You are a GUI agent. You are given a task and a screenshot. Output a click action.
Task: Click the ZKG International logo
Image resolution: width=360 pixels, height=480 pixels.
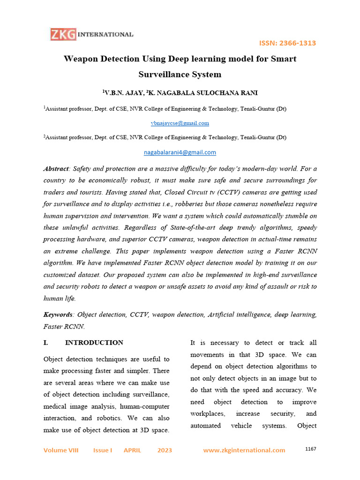92,34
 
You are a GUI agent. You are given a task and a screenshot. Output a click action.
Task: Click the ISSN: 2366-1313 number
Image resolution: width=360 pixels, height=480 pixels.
287,43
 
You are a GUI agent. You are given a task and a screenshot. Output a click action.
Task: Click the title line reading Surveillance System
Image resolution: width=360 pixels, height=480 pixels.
180,75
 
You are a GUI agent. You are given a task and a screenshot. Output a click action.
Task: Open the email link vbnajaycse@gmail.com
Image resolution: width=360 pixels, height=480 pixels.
180,123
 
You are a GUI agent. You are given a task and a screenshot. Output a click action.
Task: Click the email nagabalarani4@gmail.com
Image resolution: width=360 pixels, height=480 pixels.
180,152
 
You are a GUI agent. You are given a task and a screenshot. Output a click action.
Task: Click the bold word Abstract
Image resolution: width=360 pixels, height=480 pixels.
56,168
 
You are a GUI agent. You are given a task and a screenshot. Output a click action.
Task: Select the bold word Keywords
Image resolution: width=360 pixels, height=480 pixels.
58,314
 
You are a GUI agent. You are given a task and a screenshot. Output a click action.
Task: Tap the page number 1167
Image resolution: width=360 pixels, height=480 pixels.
310,449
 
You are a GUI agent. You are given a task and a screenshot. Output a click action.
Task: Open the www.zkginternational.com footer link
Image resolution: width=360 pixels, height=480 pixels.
244,450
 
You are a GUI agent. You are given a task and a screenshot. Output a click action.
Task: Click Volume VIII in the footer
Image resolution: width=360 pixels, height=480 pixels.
61,450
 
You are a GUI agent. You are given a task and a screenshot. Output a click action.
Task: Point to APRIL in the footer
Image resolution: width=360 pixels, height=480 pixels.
132,450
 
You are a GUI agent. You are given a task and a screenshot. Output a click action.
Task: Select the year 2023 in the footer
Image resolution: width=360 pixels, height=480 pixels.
165,450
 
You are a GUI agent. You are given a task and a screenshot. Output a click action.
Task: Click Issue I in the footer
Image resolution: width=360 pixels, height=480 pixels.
103,450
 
